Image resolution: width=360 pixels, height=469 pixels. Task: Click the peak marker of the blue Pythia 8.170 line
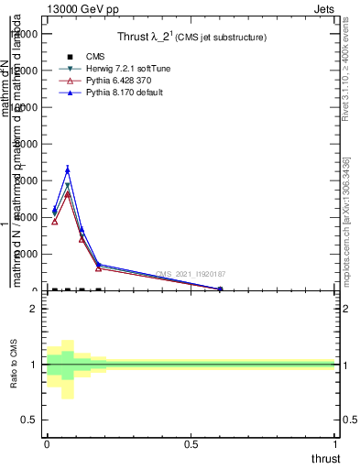pos(68,169)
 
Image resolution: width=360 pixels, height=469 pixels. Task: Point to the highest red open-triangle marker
pos(68,194)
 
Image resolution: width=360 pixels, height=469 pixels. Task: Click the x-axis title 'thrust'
pos(325,458)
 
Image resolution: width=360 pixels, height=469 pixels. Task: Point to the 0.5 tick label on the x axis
pos(191,444)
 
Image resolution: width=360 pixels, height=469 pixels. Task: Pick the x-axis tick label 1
pos(335,444)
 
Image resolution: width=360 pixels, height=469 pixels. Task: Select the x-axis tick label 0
pos(47,444)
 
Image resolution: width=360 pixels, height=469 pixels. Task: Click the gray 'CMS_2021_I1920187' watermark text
pos(191,274)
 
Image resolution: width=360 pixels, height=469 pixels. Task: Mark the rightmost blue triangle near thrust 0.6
pos(220,289)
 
